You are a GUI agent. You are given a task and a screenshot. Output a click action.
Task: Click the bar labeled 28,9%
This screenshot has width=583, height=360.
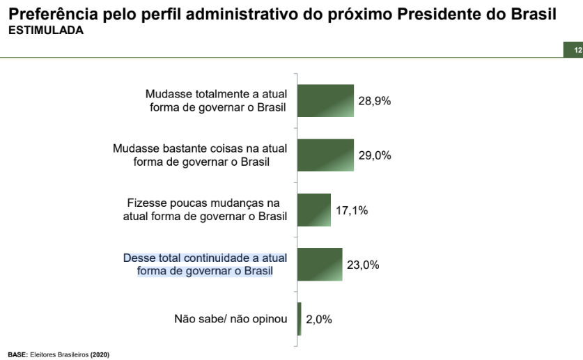[x=326, y=100]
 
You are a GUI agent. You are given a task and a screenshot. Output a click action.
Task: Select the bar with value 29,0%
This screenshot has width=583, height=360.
[x=326, y=155]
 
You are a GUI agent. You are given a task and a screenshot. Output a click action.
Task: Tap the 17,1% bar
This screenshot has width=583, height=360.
[x=314, y=210]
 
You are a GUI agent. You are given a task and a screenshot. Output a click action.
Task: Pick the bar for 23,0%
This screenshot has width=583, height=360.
[x=320, y=264]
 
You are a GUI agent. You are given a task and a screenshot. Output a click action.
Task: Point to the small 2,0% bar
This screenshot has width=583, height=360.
[x=300, y=319]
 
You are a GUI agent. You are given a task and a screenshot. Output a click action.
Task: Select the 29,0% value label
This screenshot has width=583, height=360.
[x=375, y=155]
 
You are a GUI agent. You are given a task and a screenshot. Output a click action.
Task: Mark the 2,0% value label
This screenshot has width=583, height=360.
[x=319, y=320]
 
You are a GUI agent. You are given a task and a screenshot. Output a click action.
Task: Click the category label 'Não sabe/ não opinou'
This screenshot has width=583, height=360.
[x=231, y=319]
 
